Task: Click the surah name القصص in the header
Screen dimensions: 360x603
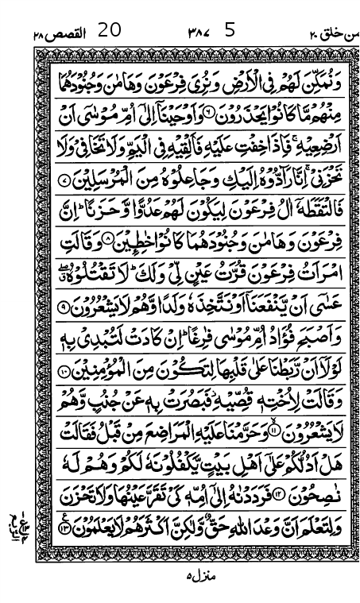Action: pos(62,33)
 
